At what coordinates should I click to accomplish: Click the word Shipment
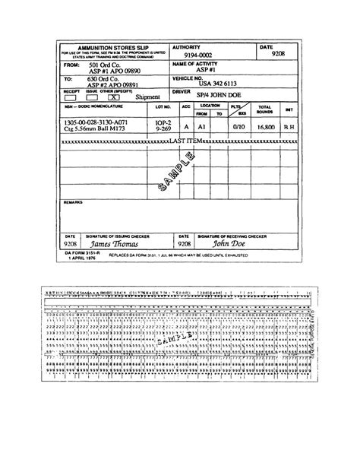coord(148,98)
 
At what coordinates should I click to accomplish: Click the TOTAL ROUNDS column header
coord(266,110)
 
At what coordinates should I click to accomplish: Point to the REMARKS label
coord(73,203)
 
